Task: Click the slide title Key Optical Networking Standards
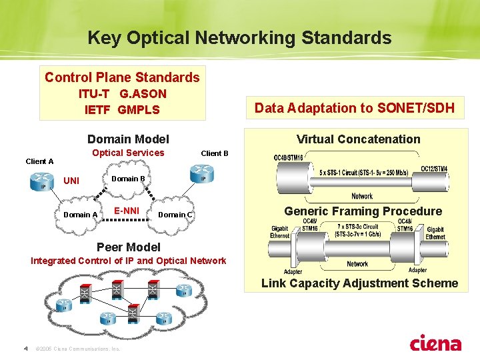[x=239, y=38]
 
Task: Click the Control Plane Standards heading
[x=122, y=77]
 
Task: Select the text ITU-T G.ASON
[x=122, y=94]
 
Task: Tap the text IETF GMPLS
[x=122, y=109]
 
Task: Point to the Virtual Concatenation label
[x=358, y=139]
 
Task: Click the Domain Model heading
[x=128, y=139]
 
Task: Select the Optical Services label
[x=128, y=153]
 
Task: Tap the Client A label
[x=39, y=161]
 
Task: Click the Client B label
[x=215, y=153]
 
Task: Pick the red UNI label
[x=71, y=181]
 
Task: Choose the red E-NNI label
[x=126, y=211]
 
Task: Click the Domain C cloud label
[x=175, y=215]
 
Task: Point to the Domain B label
[x=128, y=179]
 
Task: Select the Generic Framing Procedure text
[x=363, y=211]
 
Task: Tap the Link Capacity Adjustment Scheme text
[x=359, y=283]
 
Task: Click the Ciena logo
[x=435, y=343]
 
